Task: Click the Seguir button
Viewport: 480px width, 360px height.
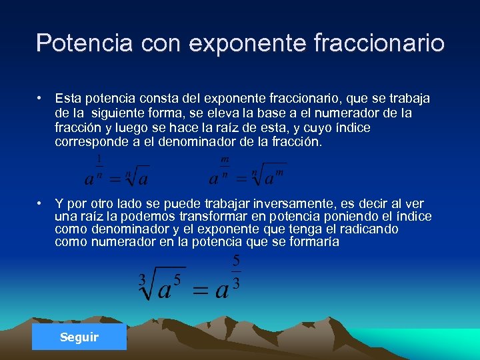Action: pyautogui.click(x=79, y=337)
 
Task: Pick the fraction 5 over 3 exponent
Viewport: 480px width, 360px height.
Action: pyautogui.click(x=236, y=271)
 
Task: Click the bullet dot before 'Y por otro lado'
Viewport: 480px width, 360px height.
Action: pyautogui.click(x=41, y=203)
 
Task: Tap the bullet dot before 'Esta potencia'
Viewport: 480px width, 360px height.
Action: pyautogui.click(x=41, y=97)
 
